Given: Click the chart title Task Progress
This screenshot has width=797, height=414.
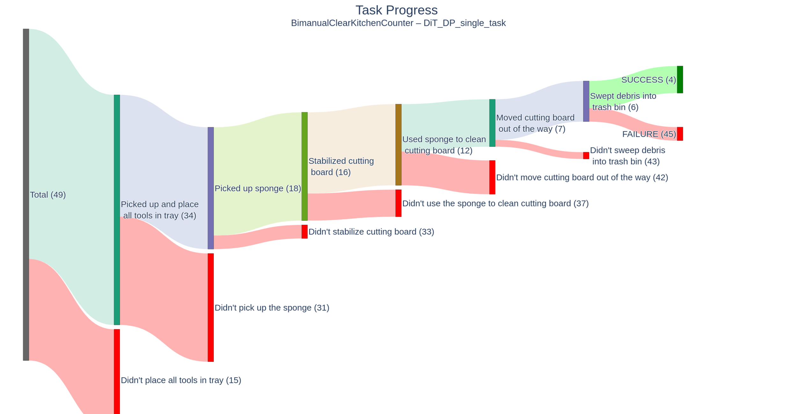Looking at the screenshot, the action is (x=396, y=10).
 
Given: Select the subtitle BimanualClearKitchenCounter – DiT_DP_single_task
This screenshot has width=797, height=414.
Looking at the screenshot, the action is (x=398, y=23).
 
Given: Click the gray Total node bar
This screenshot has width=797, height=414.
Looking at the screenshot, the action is (x=26, y=195).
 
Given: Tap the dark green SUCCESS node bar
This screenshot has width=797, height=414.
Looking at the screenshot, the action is (x=680, y=80).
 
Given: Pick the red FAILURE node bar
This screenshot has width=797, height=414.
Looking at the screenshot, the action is (x=680, y=134).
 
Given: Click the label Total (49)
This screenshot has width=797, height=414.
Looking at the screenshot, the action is (x=48, y=195).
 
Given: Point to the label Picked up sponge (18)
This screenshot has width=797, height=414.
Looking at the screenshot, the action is (x=258, y=189).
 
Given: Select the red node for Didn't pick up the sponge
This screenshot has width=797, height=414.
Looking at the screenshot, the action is (x=211, y=307).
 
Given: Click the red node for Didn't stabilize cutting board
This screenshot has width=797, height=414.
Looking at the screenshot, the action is (x=304, y=232).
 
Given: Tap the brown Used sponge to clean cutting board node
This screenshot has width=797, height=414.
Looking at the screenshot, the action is (x=398, y=144).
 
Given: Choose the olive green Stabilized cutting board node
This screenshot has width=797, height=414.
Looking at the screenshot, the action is (x=304, y=166).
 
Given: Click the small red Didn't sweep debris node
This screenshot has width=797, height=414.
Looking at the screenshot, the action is (x=586, y=156).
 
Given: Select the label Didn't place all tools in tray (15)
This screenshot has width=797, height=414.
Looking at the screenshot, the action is (x=181, y=380).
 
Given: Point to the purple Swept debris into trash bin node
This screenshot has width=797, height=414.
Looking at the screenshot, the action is (x=586, y=101).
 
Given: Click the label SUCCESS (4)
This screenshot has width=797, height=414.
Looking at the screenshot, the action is (x=649, y=80).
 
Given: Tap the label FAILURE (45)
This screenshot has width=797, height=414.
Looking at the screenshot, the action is (x=649, y=134).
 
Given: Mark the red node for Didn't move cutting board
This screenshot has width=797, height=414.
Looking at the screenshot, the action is (x=492, y=177).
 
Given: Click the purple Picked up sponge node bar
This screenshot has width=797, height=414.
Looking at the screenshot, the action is (x=211, y=188).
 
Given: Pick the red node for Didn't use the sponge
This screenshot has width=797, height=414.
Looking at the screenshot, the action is (x=398, y=203).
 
